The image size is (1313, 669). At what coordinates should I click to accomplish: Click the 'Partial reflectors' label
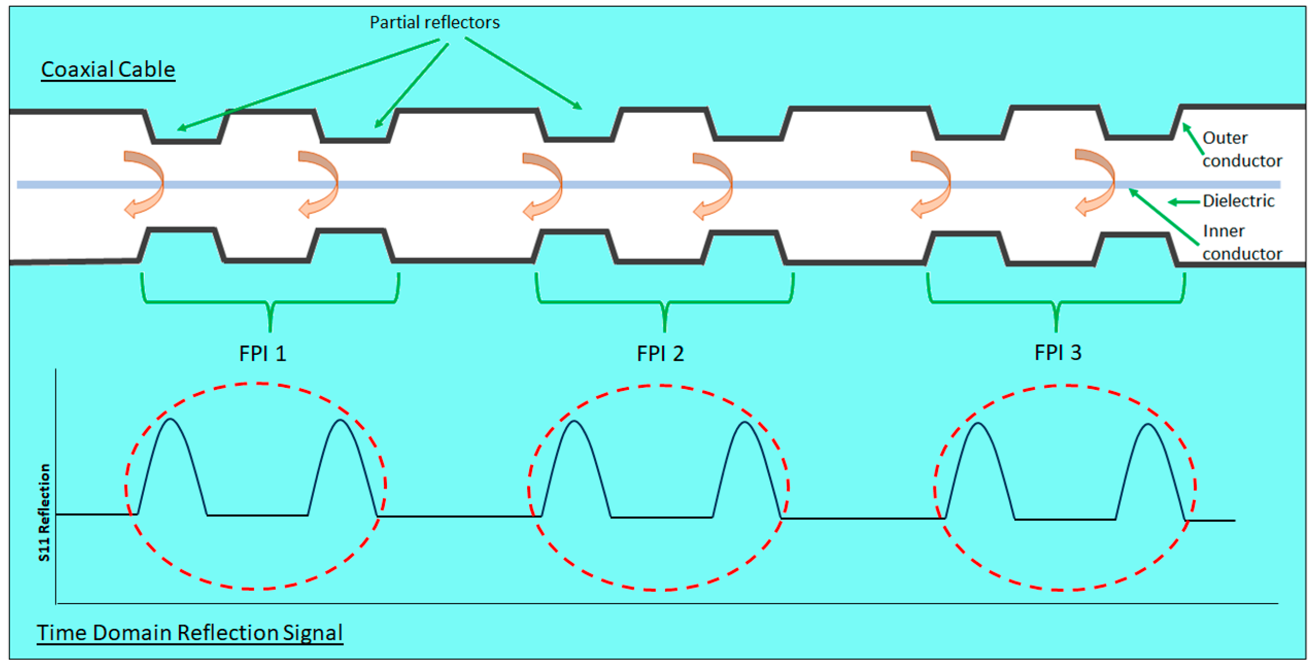point(435,22)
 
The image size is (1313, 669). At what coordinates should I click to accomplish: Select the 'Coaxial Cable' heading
point(108,70)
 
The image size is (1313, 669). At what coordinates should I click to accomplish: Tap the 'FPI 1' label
point(262,354)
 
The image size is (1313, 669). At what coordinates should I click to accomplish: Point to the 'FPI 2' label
point(660,354)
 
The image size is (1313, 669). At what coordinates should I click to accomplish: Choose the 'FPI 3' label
point(1057,353)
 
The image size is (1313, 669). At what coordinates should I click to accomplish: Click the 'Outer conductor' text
point(1241,149)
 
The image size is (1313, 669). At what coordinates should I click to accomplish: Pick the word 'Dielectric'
point(1238,201)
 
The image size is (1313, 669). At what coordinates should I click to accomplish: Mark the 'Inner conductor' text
point(1241,242)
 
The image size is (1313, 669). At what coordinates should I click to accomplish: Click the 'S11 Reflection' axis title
point(44,512)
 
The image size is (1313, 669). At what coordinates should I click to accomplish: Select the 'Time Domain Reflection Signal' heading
point(189,632)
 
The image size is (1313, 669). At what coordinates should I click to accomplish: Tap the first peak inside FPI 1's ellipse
point(170,420)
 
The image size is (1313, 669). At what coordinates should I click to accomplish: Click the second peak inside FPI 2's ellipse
point(745,423)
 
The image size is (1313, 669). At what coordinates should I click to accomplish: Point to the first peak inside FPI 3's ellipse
point(978,424)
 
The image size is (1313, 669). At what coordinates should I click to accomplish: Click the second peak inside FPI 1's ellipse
point(340,421)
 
